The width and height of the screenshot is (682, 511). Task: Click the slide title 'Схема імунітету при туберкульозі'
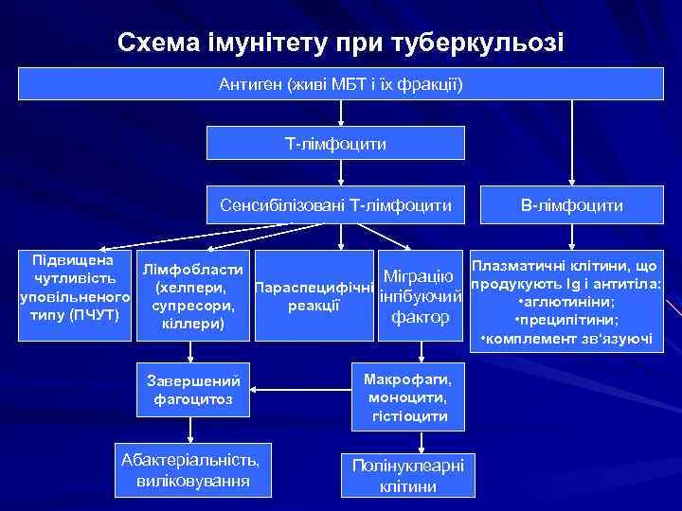tap(340, 43)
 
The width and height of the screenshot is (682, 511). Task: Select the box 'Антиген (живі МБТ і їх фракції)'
tap(341, 83)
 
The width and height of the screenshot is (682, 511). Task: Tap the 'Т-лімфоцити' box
tap(336, 143)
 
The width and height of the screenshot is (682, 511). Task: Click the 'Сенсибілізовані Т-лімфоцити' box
tap(336, 204)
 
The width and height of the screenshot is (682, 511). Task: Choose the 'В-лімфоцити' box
tap(570, 204)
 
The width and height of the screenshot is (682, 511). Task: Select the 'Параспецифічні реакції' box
tap(314, 295)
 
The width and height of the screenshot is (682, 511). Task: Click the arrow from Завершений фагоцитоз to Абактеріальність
tap(192, 429)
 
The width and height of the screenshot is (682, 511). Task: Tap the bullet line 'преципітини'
tap(566, 320)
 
